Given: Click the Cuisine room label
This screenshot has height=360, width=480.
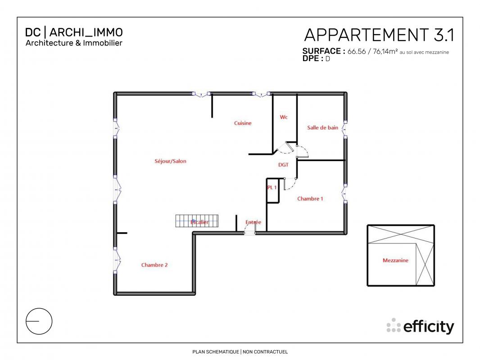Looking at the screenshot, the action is (243, 123).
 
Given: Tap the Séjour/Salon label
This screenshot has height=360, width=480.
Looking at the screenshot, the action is (171, 161).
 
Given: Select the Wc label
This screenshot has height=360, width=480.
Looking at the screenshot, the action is (284, 117).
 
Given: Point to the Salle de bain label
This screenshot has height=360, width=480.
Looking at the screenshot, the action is (323, 127).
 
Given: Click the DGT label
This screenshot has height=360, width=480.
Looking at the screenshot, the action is (284, 165).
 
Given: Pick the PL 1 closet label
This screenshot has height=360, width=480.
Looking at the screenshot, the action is (272, 188).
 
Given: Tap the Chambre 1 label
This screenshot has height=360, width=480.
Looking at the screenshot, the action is (310, 199).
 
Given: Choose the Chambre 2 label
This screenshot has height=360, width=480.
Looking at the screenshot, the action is (154, 265).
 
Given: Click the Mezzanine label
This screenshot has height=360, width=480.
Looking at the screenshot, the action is (395, 261).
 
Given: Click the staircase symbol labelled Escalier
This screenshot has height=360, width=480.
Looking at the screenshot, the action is (197, 221).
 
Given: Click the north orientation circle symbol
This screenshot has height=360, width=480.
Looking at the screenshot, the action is (39, 321).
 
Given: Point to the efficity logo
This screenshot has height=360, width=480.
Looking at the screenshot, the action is (420, 326).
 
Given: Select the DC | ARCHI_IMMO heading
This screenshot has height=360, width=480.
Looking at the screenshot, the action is (74, 32).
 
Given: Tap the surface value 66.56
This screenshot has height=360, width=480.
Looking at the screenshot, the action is (356, 51).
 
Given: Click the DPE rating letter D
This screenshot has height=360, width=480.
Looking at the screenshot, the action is (327, 59).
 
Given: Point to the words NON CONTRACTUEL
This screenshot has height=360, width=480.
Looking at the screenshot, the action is (265, 352).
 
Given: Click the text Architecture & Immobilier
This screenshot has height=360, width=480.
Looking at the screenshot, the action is (74, 43).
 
